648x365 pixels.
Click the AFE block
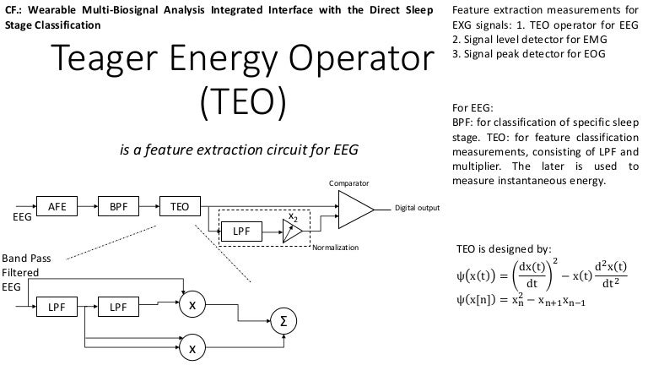[x=57, y=205]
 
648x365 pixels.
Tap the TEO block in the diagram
[x=179, y=205]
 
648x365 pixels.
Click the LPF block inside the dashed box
[x=240, y=230]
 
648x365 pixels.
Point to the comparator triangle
[x=354, y=208]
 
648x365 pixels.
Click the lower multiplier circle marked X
[x=192, y=346]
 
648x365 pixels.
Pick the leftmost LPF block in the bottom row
[x=57, y=307]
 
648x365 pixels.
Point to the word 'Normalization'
[x=335, y=248]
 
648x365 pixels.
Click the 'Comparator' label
[x=348, y=183]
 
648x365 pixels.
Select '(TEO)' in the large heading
[x=244, y=100]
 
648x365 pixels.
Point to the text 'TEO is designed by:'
[x=503, y=249]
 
